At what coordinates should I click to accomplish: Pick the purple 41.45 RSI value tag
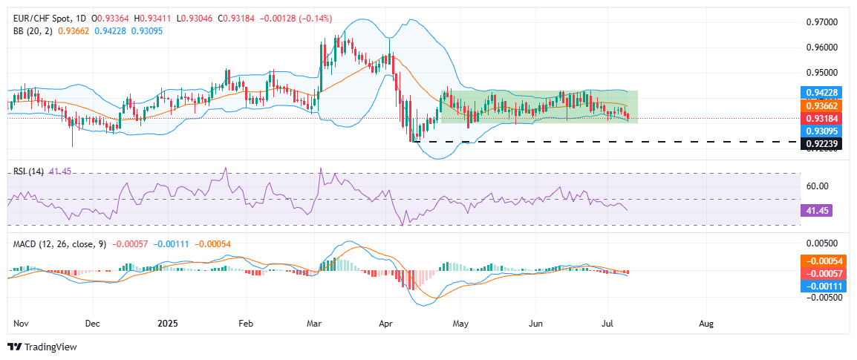[818, 211]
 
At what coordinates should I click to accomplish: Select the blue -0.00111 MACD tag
[826, 287]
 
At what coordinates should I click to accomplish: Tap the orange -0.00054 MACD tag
[826, 261]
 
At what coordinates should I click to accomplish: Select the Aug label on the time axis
[706, 324]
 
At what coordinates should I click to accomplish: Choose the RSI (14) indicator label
[28, 171]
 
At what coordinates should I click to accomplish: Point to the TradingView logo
[42, 347]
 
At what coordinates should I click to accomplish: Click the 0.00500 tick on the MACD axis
[822, 243]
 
